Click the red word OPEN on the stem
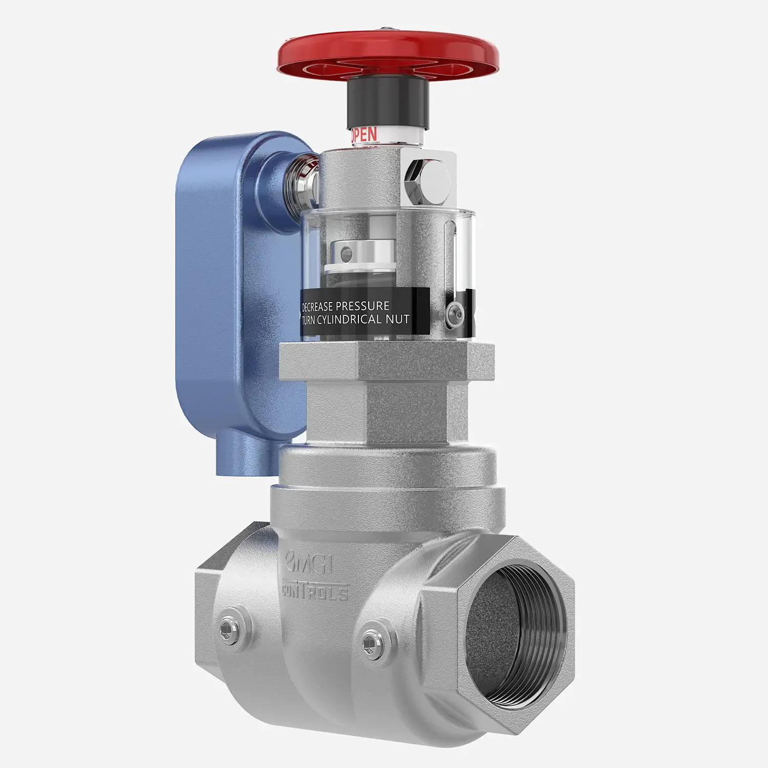pos(364,135)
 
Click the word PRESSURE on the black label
pos(370,306)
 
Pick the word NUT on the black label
pos(398,319)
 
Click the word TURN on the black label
pos(313,319)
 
